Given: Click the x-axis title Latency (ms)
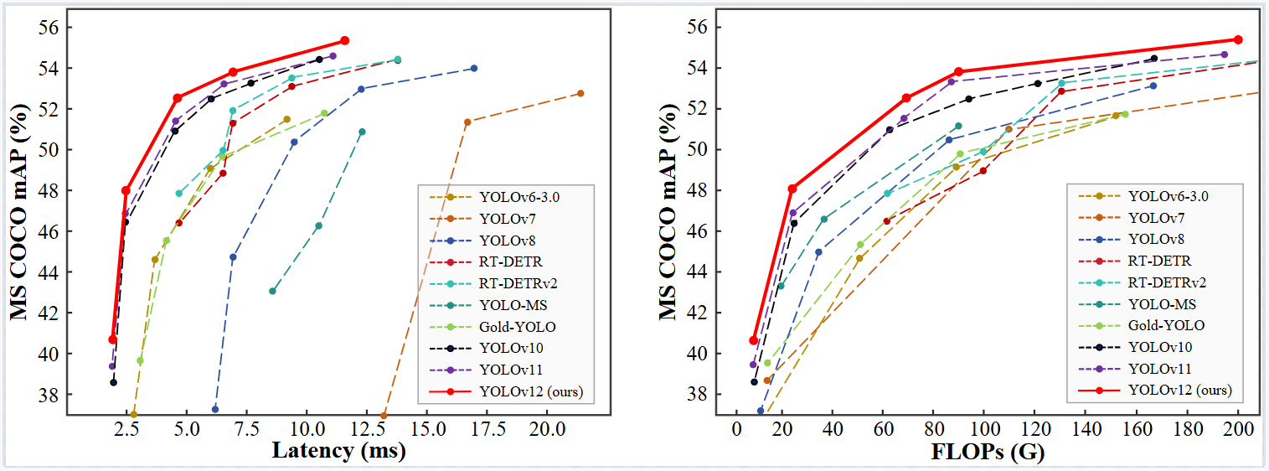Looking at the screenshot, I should (338, 452).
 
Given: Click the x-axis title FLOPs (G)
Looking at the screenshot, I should (988, 452).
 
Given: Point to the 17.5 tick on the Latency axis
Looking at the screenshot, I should (487, 429).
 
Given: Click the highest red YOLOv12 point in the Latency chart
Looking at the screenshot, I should (344, 40).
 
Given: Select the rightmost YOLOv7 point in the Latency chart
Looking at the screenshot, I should (580, 93).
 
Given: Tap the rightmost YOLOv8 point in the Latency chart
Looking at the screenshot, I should (474, 68).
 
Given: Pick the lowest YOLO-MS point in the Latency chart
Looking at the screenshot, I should (272, 291).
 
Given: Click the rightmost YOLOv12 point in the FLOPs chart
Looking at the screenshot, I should (1238, 39).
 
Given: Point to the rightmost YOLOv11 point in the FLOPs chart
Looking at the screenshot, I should (1224, 54).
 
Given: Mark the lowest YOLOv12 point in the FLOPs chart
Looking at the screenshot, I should (754, 340).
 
